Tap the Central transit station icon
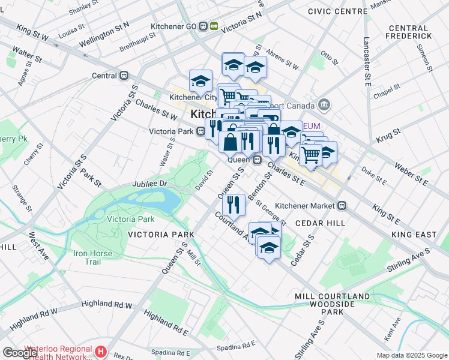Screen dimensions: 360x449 [x=125, y=76]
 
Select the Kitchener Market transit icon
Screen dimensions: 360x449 [x=342, y=206]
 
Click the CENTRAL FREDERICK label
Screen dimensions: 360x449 [x=417, y=33]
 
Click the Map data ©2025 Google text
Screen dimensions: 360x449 [x=411, y=355]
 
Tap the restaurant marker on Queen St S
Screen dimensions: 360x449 [x=234, y=205]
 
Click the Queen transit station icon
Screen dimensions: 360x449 [x=256, y=160]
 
